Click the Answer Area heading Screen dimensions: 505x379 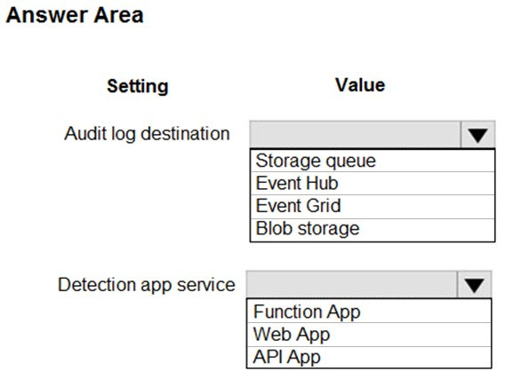pyautogui.click(x=75, y=15)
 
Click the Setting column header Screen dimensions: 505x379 pyautogui.click(x=138, y=86)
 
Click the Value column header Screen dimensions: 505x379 pyautogui.click(x=360, y=85)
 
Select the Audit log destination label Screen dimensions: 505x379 pyautogui.click(x=147, y=134)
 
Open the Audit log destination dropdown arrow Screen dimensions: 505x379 pyautogui.click(x=478, y=134)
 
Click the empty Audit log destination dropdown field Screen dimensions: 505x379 pyautogui.click(x=356, y=134)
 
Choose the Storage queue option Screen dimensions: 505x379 pyautogui.click(x=316, y=161)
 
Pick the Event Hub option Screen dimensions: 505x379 pyautogui.click(x=297, y=183)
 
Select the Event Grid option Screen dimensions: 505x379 pyautogui.click(x=298, y=206)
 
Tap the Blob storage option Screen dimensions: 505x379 pyautogui.click(x=308, y=229)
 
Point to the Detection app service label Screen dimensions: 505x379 pyautogui.click(x=147, y=285)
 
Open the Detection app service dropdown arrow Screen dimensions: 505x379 pyautogui.click(x=474, y=285)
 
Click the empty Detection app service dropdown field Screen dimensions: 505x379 pyautogui.click(x=351, y=285)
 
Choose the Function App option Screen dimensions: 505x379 pyautogui.click(x=307, y=312)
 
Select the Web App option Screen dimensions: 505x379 pyautogui.click(x=292, y=335)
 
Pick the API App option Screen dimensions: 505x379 pyautogui.click(x=286, y=357)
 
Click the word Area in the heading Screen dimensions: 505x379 pyautogui.click(x=118, y=15)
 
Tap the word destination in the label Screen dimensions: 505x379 pyautogui.click(x=185, y=133)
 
